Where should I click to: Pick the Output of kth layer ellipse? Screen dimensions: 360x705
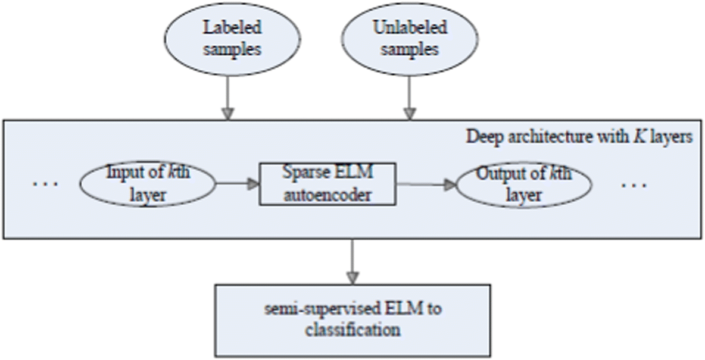[523, 184]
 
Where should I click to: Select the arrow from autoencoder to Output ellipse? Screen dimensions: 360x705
[426, 184]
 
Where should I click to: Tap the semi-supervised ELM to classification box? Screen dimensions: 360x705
[353, 320]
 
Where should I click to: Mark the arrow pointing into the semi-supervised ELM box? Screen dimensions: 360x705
[353, 262]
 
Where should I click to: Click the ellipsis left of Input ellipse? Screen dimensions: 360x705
[45, 184]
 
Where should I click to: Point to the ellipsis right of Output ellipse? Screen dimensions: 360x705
[634, 184]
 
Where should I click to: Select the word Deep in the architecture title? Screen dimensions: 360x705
[481, 136]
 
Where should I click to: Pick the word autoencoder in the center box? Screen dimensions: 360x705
[327, 195]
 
